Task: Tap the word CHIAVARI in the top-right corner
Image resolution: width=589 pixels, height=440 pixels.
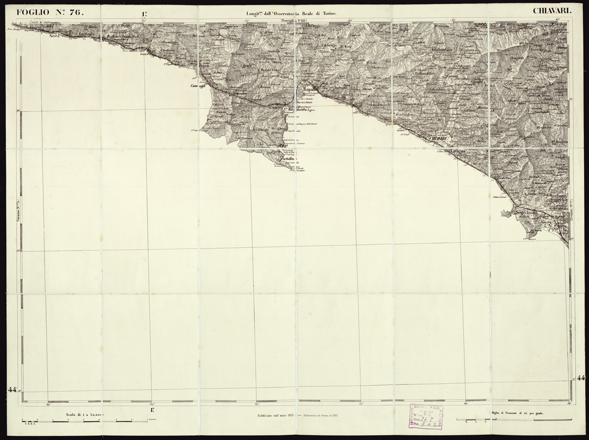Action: click(552, 10)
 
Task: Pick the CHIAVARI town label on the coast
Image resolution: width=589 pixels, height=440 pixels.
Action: click(438, 139)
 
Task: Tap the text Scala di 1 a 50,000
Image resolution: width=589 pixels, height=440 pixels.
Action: click(84, 415)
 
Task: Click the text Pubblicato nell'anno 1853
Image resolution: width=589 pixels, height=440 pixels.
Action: click(275, 416)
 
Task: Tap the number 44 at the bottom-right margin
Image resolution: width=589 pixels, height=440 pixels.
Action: click(580, 378)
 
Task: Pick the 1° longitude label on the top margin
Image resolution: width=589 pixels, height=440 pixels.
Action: click(144, 15)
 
